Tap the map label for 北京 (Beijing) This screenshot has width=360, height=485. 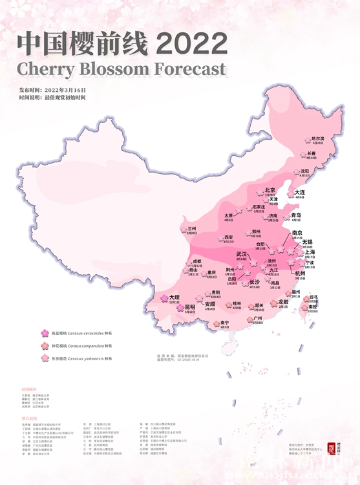coord(270,190)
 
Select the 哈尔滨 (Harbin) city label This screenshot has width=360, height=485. coord(317,138)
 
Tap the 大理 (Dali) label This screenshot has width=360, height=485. coord(174,297)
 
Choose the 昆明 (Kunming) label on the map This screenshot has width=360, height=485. coord(189,307)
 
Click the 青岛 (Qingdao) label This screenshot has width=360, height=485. coord(296,215)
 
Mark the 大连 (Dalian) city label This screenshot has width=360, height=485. coord(299,192)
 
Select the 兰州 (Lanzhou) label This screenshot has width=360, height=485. coord(191,229)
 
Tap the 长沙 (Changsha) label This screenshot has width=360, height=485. coord(254,283)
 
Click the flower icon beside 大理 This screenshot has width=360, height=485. coord(164,299)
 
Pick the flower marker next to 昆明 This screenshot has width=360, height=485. coord(180,308)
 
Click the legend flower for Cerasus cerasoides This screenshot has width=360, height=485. coord(45,334)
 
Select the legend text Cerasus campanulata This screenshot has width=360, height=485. coord(84,346)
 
